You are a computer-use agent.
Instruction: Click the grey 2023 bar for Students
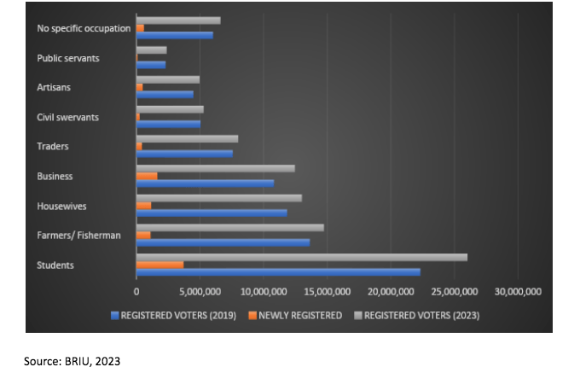tap(301, 257)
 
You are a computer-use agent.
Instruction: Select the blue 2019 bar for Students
tap(278, 272)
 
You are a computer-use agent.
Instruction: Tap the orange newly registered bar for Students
tap(159, 265)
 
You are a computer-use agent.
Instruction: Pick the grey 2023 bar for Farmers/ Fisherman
tap(229, 227)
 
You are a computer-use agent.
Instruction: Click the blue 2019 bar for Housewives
tap(212, 213)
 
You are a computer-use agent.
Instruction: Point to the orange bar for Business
tap(147, 176)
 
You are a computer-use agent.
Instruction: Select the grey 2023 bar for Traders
tap(187, 138)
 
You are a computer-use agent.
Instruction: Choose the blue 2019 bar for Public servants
tap(151, 65)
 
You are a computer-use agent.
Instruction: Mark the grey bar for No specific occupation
tap(178, 20)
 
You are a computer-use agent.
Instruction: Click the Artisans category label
tap(54, 87)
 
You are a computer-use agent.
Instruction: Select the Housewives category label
tap(61, 206)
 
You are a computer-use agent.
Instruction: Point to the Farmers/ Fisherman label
tap(80, 236)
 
